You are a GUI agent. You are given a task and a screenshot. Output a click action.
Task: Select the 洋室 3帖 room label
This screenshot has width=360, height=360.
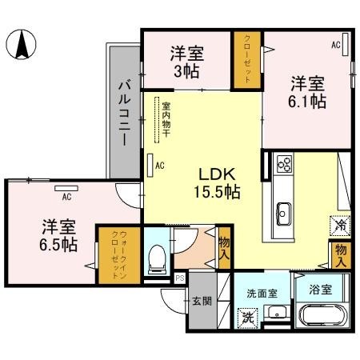[x=186, y=62]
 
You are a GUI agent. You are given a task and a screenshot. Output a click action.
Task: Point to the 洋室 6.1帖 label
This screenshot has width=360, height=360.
[x=307, y=92]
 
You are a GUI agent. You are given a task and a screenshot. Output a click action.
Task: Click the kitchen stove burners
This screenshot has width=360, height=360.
[x=283, y=164]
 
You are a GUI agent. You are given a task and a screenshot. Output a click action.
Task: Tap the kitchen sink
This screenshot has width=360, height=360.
[x=284, y=213]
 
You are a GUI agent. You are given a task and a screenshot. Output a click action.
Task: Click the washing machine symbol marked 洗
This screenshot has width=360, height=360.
[x=248, y=316]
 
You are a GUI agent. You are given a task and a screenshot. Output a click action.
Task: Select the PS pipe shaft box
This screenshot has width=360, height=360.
[x=180, y=278]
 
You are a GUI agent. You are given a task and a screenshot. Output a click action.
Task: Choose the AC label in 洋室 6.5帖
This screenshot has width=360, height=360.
[x=66, y=193]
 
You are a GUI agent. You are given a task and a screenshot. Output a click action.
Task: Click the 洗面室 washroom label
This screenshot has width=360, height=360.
[x=262, y=293]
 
